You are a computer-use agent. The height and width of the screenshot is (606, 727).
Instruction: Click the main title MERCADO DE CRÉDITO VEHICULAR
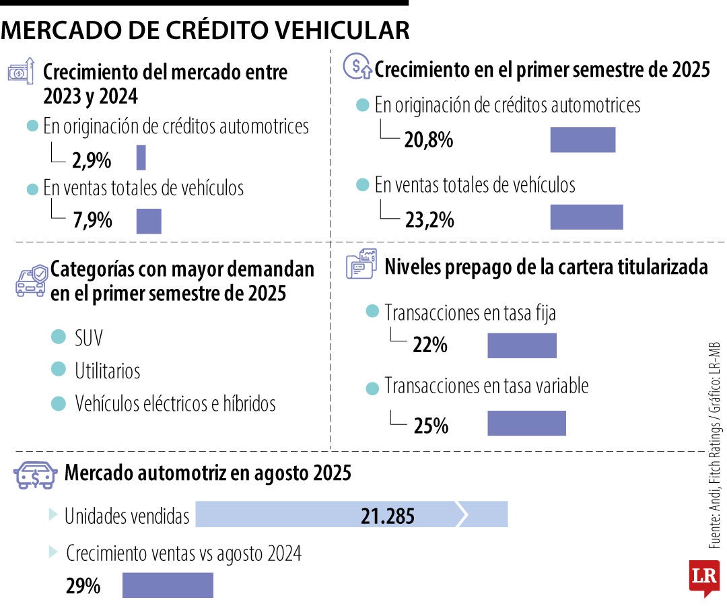(205, 30)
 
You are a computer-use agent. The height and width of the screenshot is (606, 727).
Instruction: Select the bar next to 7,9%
(149, 221)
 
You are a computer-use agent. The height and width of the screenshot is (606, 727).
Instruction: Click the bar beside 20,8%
(582, 139)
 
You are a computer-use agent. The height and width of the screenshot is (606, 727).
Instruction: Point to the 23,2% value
(429, 220)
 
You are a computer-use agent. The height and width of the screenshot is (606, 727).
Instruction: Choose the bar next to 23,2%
(586, 217)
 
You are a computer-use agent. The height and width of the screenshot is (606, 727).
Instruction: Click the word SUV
(89, 337)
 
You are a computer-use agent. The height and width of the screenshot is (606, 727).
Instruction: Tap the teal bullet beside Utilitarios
(59, 370)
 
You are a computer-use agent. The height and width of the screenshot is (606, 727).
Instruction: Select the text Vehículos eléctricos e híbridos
(175, 403)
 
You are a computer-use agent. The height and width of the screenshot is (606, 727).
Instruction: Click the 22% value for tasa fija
(430, 345)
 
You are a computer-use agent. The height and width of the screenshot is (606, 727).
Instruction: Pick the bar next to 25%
(526, 424)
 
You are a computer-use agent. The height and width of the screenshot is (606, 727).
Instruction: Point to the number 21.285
(387, 516)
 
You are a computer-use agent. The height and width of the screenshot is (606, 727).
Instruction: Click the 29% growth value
(83, 586)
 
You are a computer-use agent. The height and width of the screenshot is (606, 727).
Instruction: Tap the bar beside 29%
(168, 585)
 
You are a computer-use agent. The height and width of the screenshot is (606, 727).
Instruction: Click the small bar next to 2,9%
(141, 158)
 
